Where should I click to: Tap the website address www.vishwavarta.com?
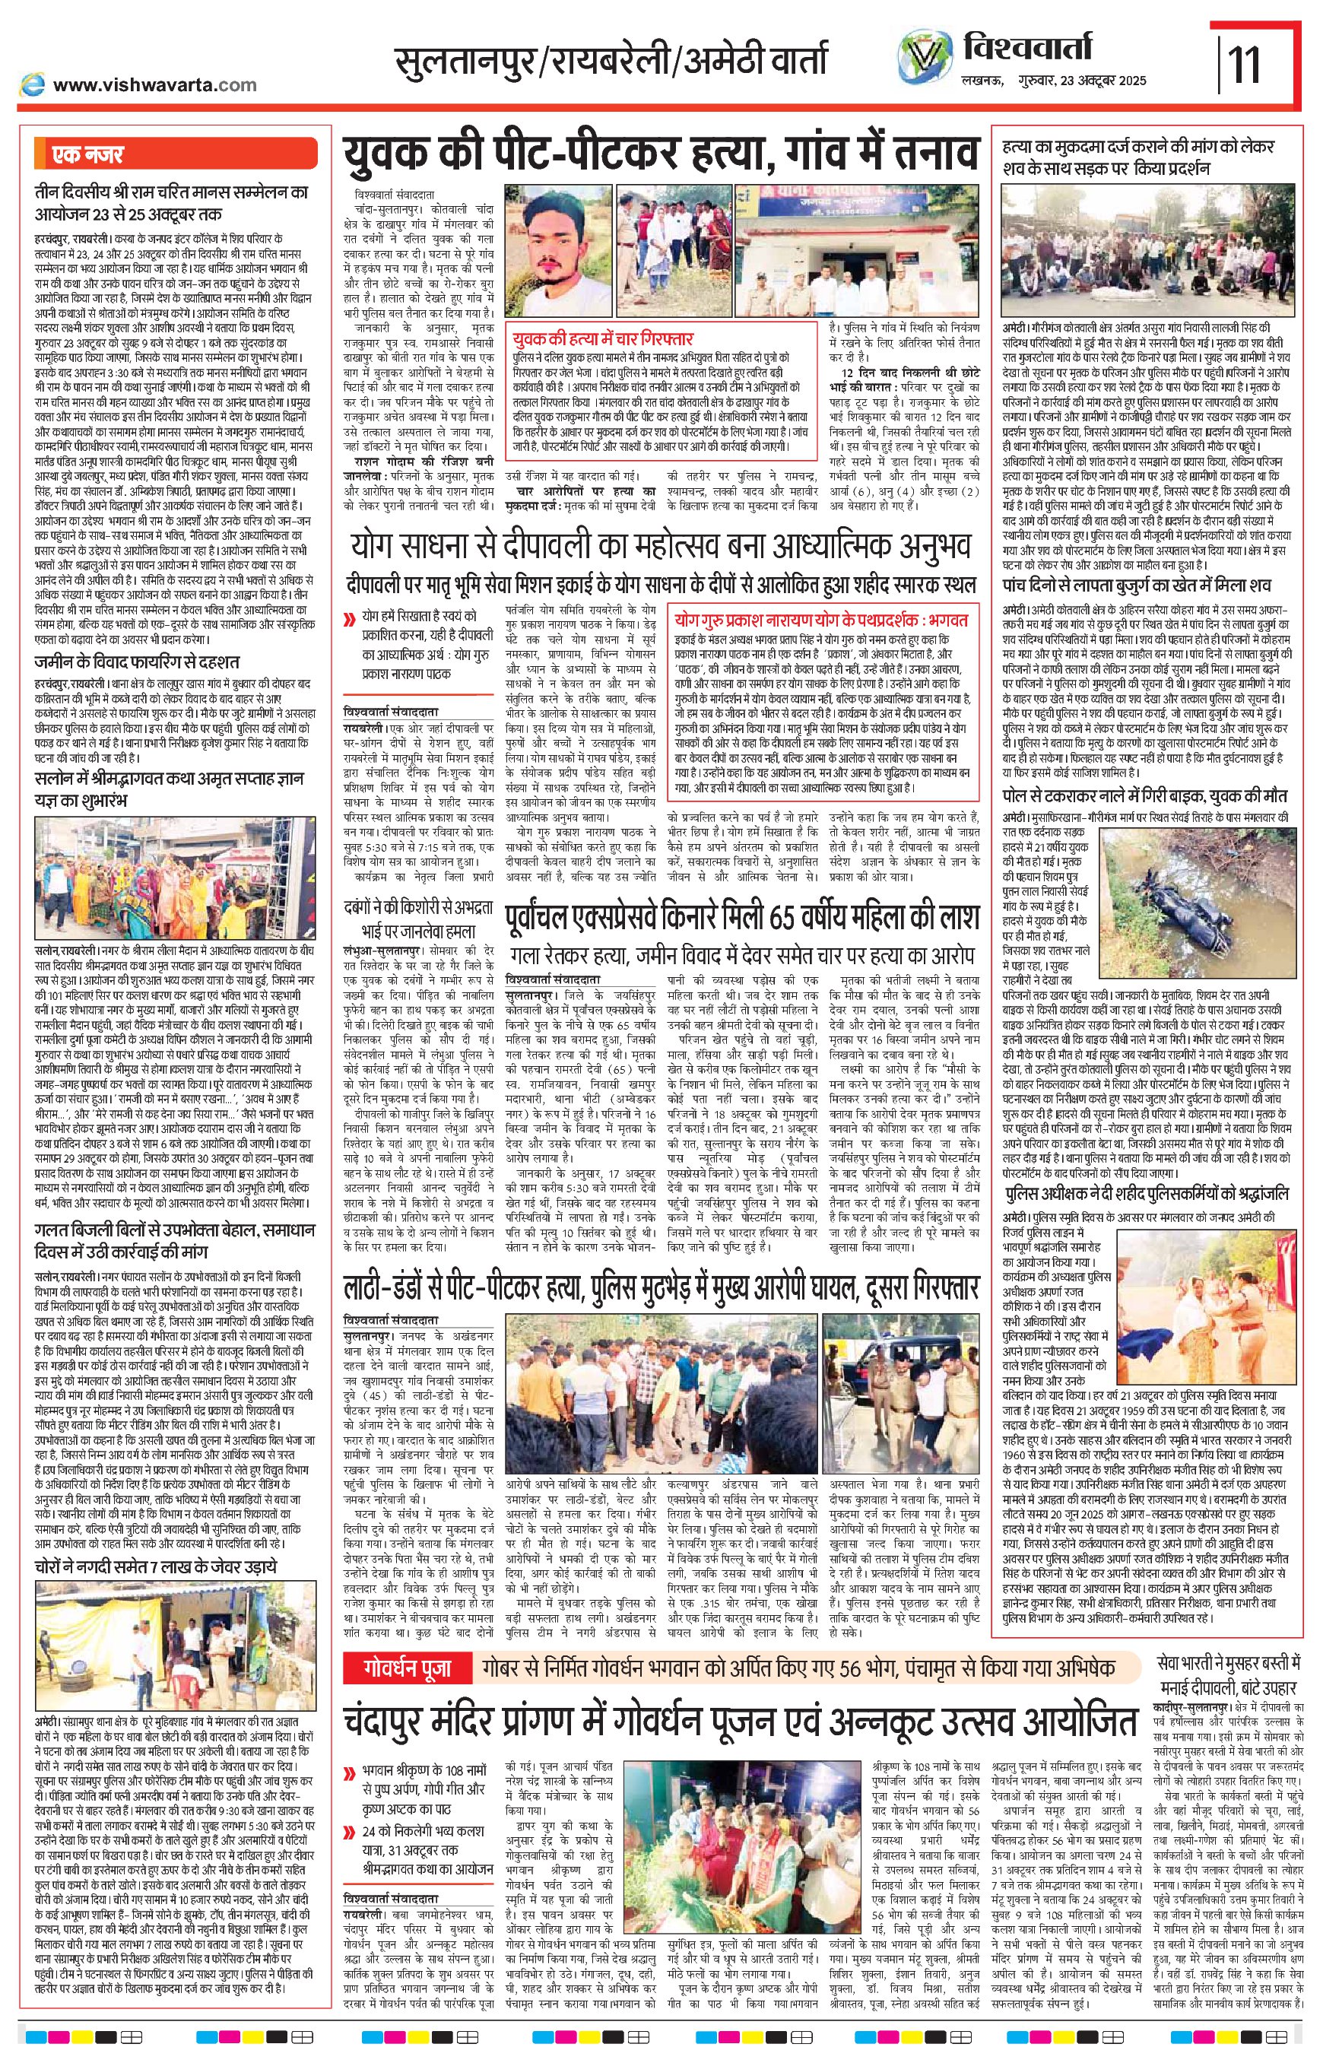coord(154,84)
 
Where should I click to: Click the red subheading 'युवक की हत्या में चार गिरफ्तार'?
coord(601,338)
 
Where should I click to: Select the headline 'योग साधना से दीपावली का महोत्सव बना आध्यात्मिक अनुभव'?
coord(660,546)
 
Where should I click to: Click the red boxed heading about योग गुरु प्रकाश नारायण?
coord(822,619)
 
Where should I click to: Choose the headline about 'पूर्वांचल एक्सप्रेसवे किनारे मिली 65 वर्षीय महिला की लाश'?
coord(742,918)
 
